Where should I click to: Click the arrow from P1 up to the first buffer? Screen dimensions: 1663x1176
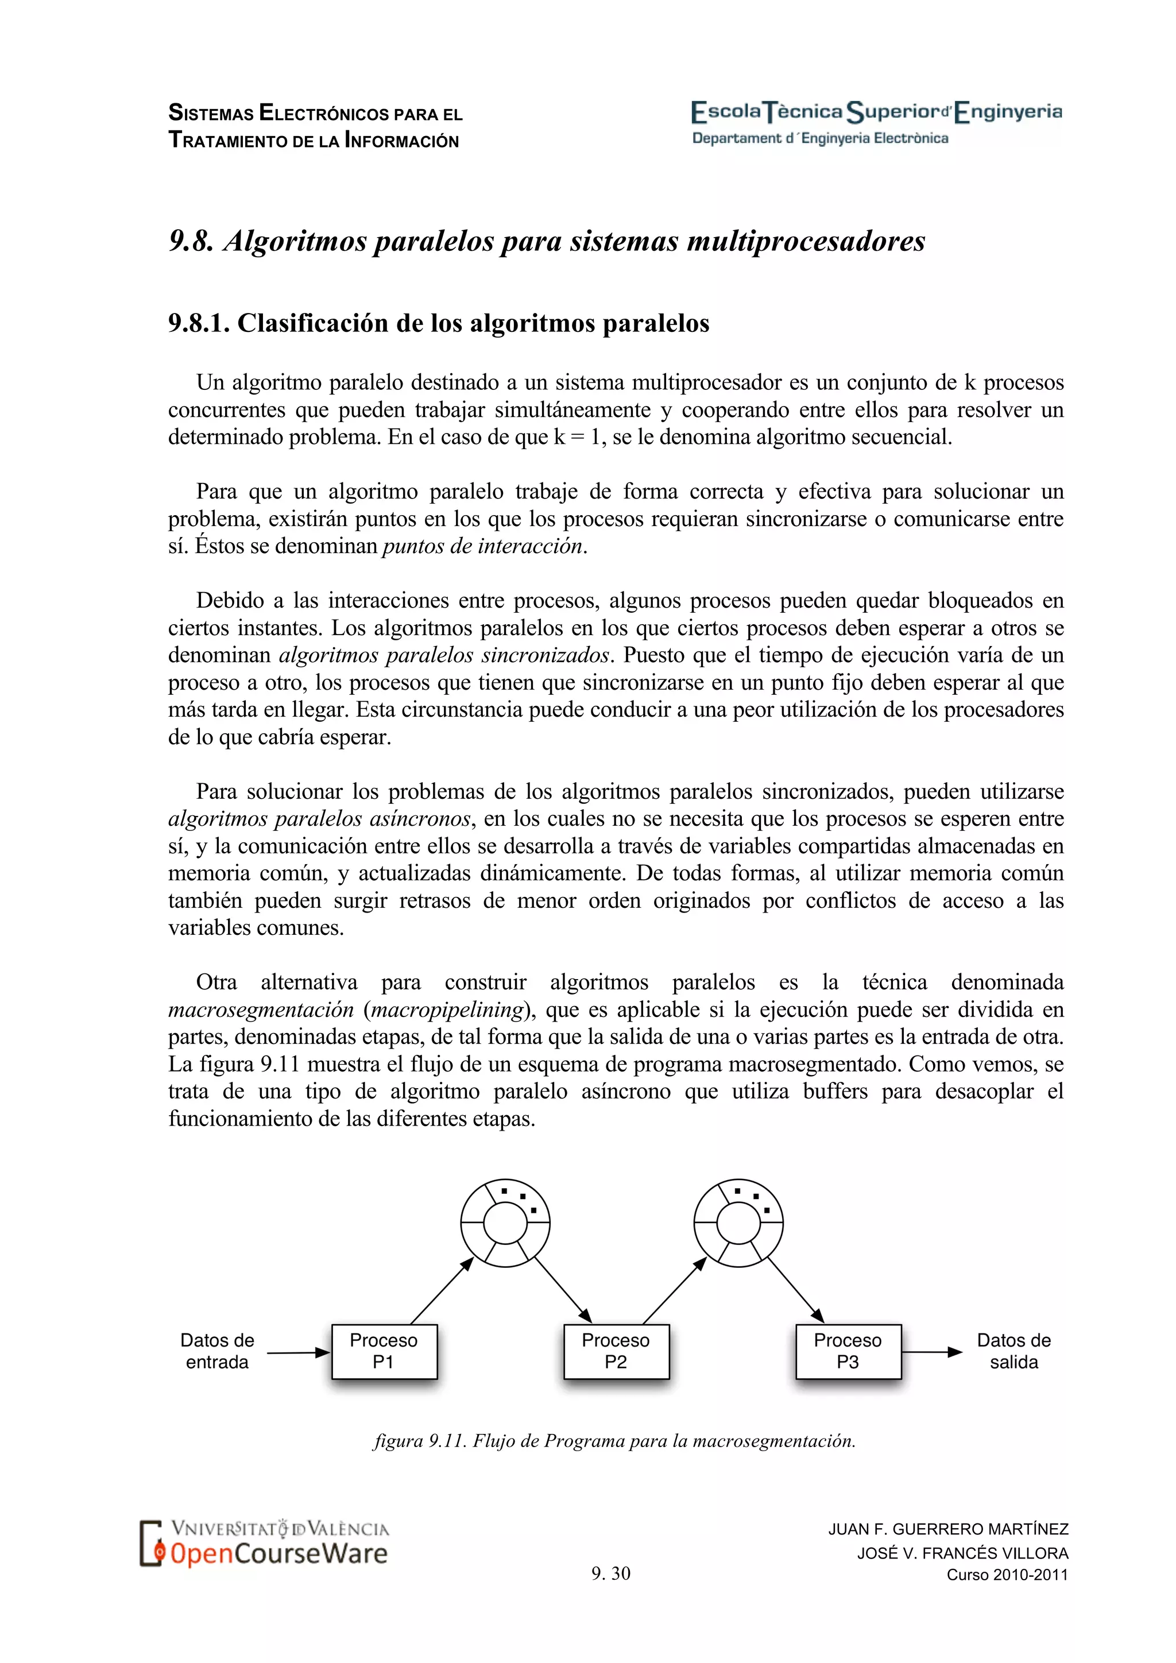(442, 1291)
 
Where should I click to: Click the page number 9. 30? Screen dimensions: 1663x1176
(610, 1573)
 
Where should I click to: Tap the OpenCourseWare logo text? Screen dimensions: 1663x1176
(279, 1554)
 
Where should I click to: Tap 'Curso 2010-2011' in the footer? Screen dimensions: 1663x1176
(1007, 1575)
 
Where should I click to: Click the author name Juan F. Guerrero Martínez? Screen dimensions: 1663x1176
(948, 1529)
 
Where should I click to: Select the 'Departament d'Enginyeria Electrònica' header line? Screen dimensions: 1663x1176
(820, 138)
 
